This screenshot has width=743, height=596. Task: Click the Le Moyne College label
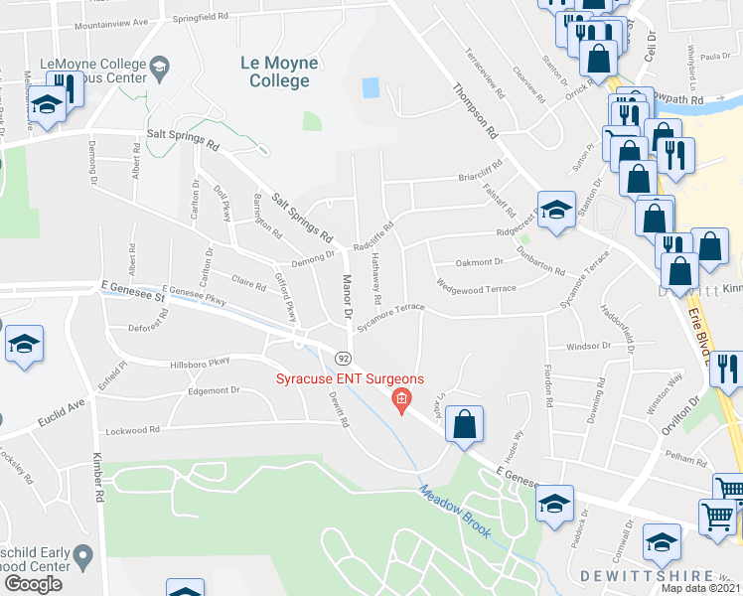point(279,72)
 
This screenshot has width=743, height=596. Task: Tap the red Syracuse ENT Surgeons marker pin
point(401,402)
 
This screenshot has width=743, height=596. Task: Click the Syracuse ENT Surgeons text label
point(350,379)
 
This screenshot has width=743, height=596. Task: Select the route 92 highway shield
point(342,357)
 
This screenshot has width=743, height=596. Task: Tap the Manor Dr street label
point(348,296)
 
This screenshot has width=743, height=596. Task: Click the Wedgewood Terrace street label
point(477,288)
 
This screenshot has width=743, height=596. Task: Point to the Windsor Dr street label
point(587,346)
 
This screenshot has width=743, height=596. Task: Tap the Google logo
point(33,584)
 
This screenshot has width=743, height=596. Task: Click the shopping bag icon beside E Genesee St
point(464,425)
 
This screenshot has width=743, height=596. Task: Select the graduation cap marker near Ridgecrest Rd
point(556,210)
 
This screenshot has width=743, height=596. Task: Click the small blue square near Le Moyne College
point(371,87)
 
